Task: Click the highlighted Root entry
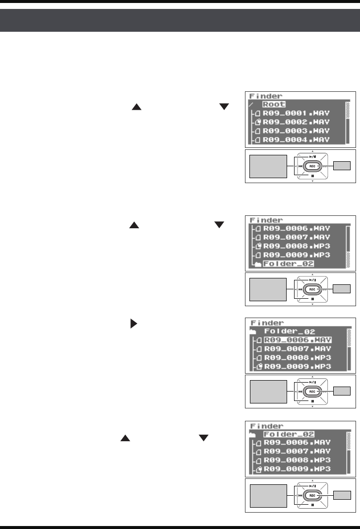(274, 105)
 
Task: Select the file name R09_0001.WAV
(296, 113)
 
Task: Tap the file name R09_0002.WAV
(296, 122)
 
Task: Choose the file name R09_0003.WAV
(296, 131)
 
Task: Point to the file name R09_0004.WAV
(296, 140)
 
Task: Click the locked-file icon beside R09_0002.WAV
(257, 122)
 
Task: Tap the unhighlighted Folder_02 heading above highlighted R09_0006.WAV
(290, 331)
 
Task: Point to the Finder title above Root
(265, 95)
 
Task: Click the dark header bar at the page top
(180, 20)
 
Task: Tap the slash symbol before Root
(251, 105)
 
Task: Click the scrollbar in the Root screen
(348, 122)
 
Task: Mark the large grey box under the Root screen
(268, 165)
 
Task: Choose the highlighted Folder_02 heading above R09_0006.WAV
(290, 435)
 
